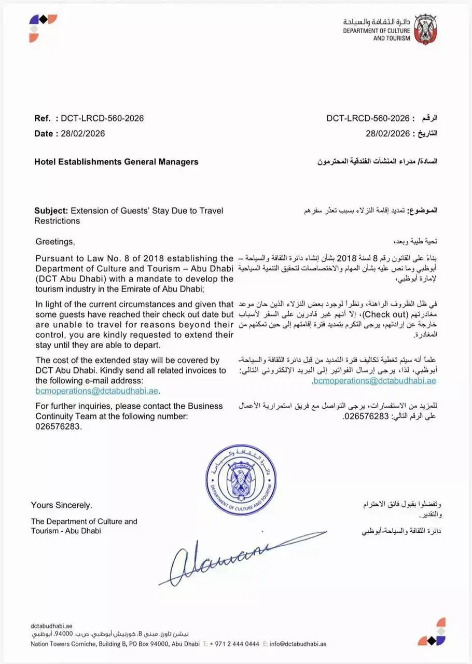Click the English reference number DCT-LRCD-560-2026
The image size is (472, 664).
pos(102,118)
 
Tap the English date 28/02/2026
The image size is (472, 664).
pos(82,134)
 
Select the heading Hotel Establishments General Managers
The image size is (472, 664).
pos(116,162)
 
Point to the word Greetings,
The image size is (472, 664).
pos(55,242)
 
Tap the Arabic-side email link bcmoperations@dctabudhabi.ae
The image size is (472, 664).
pos(374,381)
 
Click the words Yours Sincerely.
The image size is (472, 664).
pos(61,505)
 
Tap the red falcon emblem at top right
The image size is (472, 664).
pos(425,29)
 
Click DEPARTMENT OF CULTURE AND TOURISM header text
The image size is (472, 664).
pos(376,34)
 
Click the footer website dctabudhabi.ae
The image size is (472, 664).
pos(52,626)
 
